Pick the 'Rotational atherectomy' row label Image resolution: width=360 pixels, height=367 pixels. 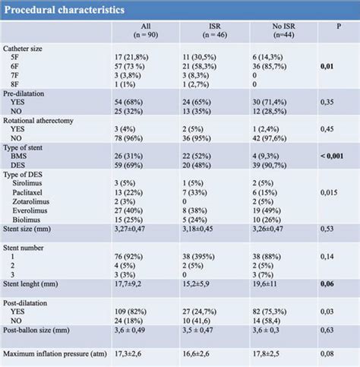click(x=47, y=120)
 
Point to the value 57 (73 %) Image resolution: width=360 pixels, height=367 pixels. click(x=131, y=66)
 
